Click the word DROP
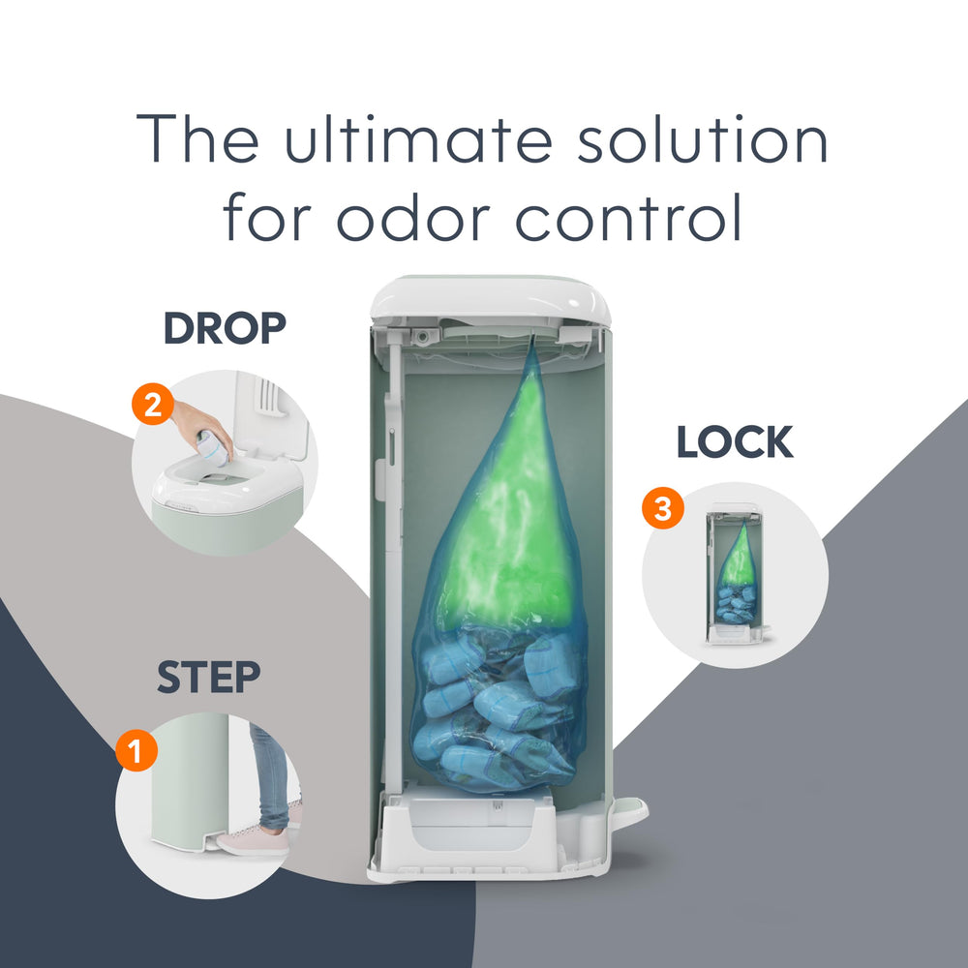tap(225, 328)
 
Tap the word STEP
tap(209, 678)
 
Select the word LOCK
tap(735, 442)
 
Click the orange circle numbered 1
tap(136, 750)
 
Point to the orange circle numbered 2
tap(153, 405)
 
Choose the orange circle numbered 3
tap(662, 508)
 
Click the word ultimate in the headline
tap(418, 139)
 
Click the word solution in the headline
tap(702, 139)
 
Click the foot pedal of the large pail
tap(630, 808)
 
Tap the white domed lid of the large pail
tap(491, 300)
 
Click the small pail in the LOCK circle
tap(737, 574)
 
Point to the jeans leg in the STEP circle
tap(270, 774)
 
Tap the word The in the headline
tap(197, 139)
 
